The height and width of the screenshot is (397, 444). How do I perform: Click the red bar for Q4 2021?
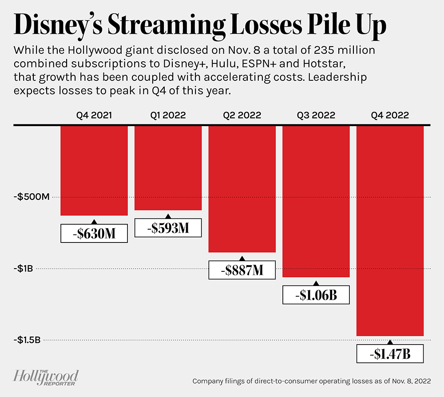(94, 171)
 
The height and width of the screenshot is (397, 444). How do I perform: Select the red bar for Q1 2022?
(168, 168)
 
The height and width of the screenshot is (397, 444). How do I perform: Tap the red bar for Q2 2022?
(242, 189)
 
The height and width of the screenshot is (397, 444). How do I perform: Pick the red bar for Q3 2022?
(316, 202)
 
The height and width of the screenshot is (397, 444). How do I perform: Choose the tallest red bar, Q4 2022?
(390, 231)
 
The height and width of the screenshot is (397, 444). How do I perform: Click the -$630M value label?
(94, 233)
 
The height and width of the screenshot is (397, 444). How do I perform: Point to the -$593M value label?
(168, 228)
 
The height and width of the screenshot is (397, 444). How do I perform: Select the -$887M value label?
(242, 270)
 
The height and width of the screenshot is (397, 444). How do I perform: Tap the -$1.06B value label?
(316, 295)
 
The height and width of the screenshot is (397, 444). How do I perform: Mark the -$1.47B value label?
(390, 354)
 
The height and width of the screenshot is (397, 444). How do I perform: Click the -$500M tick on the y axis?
(31, 197)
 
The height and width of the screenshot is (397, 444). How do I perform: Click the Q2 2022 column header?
(242, 115)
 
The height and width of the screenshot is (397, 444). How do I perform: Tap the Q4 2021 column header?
(94, 115)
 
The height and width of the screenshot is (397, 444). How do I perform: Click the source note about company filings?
(311, 381)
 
